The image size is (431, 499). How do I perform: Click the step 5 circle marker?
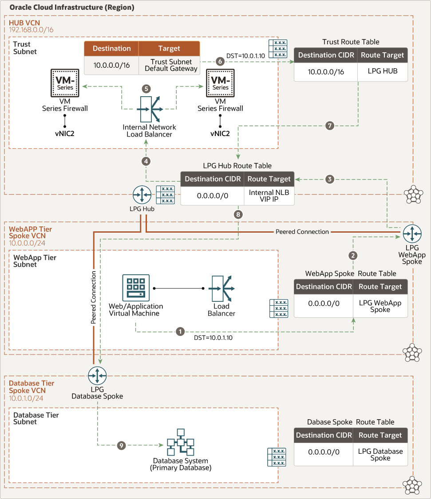[x=146, y=89]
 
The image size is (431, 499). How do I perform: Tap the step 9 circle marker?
[x=121, y=445]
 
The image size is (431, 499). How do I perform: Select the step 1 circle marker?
[x=180, y=331]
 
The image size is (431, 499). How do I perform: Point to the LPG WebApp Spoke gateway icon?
[x=412, y=233]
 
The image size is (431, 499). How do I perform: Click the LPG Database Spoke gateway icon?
[x=97, y=376]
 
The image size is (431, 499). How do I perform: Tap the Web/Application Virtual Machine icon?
[x=136, y=288]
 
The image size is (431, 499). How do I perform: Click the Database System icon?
[x=180, y=442]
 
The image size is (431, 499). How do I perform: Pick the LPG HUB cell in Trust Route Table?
[x=382, y=71]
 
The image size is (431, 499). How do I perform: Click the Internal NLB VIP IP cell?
[x=269, y=195]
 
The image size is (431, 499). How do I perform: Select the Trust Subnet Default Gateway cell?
[x=171, y=65]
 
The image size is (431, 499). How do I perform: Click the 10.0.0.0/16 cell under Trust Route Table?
[x=326, y=71]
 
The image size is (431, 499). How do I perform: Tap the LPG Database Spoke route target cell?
[x=380, y=454]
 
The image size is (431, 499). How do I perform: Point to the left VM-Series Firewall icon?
[x=65, y=84]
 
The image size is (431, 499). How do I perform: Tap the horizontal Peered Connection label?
[x=302, y=231]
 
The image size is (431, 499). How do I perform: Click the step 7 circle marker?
[x=329, y=126]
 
